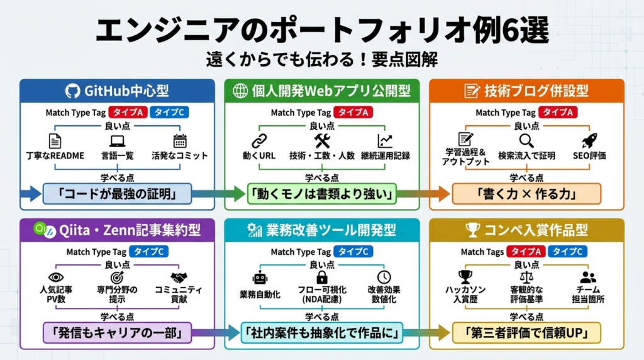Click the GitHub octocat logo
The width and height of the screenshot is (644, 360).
(x=74, y=91)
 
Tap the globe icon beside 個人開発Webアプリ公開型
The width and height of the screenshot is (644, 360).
(x=240, y=91)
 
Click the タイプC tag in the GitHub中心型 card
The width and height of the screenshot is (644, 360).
(x=169, y=113)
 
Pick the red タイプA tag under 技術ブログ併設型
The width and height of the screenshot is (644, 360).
(x=558, y=113)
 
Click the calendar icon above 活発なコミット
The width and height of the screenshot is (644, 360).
(x=180, y=141)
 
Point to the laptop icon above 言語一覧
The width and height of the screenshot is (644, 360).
(x=118, y=141)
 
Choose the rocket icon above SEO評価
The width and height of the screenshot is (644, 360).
(x=589, y=140)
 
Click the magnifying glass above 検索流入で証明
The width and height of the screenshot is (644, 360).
(x=526, y=140)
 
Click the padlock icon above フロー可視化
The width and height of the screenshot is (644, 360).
(x=322, y=278)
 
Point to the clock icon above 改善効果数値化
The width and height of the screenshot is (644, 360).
(x=384, y=278)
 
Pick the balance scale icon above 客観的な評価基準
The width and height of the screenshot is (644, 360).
(x=526, y=277)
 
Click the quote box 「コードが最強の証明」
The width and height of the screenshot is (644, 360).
(x=117, y=194)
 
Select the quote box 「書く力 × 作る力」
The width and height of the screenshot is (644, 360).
(x=526, y=194)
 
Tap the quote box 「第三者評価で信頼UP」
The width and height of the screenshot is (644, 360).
(x=526, y=332)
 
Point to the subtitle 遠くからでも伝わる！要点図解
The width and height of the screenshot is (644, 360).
(x=321, y=59)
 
